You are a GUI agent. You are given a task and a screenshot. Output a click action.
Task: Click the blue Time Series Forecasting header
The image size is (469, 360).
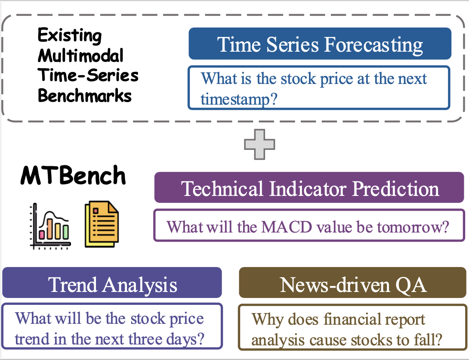(320, 44)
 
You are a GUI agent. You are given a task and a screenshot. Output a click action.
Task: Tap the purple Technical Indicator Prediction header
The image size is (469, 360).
(309, 188)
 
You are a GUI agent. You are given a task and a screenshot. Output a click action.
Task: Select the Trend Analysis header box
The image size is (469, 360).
(112, 283)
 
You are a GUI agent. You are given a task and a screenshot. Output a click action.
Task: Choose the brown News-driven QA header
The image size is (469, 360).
(352, 283)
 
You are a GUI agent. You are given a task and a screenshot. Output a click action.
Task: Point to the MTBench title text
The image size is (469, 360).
(73, 176)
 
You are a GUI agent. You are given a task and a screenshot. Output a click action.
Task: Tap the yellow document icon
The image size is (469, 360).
(102, 224)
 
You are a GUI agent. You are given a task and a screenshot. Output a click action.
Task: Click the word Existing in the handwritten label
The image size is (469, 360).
(70, 36)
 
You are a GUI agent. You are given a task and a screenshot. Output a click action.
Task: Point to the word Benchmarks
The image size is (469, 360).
(85, 96)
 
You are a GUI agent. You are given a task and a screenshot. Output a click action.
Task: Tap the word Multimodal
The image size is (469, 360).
(80, 56)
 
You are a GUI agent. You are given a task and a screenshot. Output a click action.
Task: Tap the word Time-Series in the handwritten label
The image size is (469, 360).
(88, 75)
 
